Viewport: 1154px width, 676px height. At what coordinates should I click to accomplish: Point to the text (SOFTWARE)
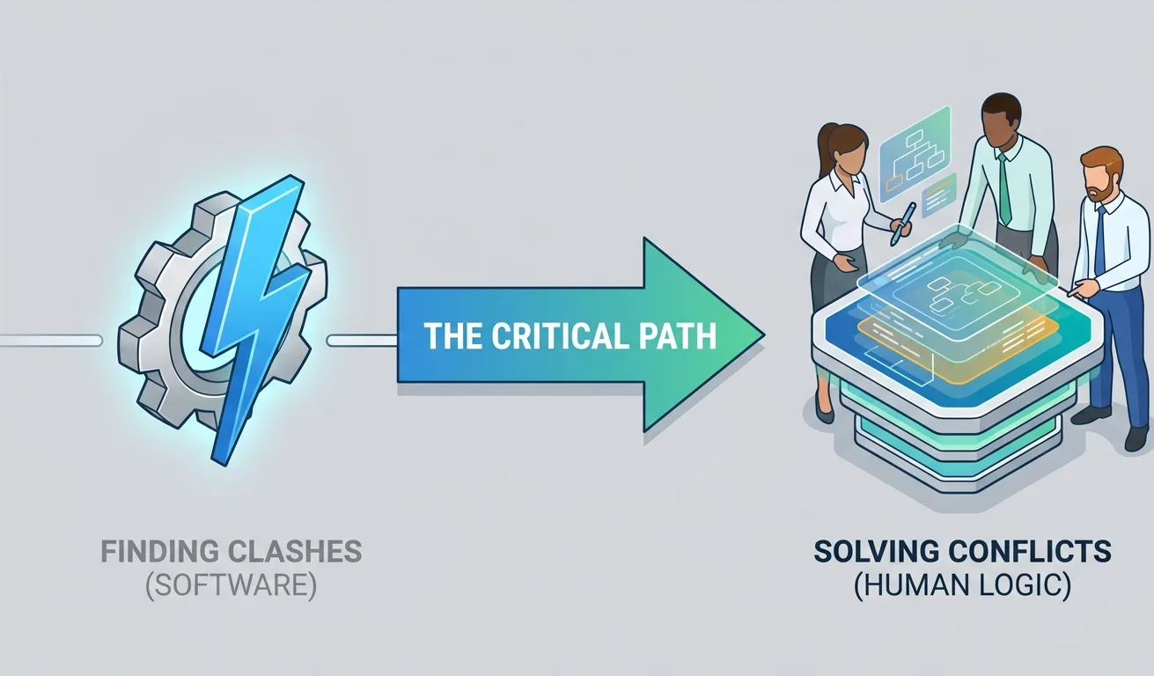pos(232,586)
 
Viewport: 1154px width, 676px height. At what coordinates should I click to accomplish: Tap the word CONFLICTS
pos(1028,552)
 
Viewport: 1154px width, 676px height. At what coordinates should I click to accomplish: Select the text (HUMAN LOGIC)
pos(963,586)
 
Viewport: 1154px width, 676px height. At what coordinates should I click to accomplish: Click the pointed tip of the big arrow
pos(765,334)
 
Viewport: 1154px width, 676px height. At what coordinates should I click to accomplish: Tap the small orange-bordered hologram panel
pos(939,195)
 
